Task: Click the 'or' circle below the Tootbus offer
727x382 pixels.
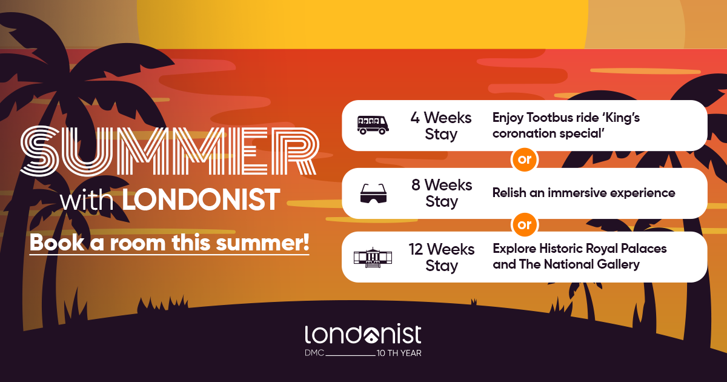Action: pos(524,160)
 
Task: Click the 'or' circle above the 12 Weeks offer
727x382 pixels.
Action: pos(524,225)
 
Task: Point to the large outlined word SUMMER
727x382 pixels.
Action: pos(169,149)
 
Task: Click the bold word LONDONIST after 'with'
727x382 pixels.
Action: pos(202,200)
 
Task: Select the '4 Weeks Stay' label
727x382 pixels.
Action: pos(440,125)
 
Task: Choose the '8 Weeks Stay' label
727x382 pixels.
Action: pos(442,193)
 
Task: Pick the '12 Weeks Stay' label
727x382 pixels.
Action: pos(442,257)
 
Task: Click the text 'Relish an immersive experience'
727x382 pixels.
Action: pos(583,193)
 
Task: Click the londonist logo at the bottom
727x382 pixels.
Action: pos(363,335)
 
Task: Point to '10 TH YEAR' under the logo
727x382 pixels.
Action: pos(399,353)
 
